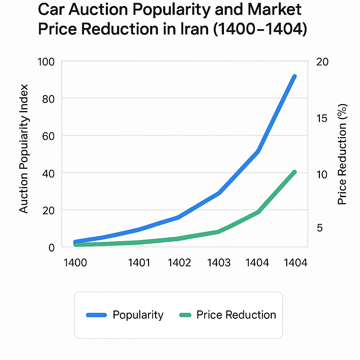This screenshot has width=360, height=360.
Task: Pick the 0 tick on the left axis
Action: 52,247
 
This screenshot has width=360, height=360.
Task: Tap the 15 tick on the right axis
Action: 322,118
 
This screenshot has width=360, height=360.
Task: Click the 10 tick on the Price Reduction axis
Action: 322,175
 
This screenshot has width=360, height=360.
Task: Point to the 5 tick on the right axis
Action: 319,228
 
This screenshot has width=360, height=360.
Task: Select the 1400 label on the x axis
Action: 75,263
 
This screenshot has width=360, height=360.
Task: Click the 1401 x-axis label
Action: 139,263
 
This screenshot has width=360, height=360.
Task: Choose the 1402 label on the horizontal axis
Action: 179,263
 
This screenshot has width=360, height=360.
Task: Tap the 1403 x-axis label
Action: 219,263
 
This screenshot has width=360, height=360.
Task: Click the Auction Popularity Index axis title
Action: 24,148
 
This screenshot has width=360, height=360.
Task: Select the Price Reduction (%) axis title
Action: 342,154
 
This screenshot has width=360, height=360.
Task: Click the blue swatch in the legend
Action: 96,315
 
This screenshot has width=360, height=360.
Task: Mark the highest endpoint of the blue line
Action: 295,76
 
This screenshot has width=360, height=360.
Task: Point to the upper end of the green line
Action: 295,172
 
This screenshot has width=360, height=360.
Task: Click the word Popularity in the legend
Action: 138,315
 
